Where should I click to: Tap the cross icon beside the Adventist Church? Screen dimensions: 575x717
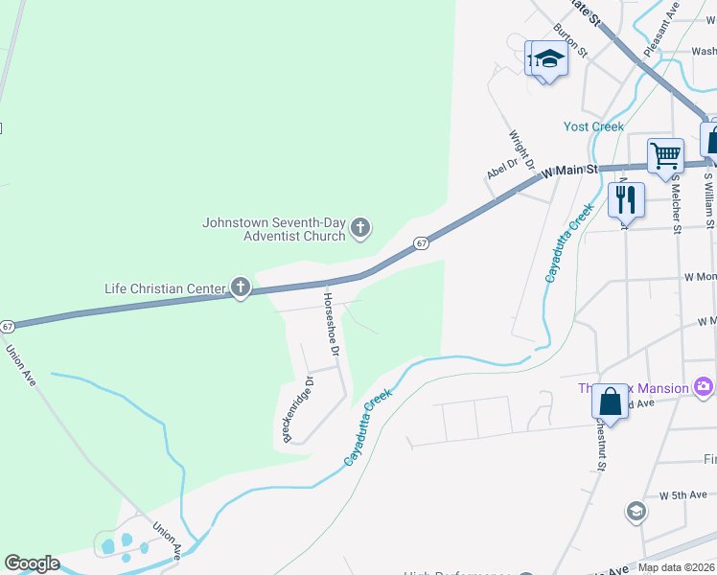click(360, 228)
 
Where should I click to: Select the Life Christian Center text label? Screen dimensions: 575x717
click(165, 287)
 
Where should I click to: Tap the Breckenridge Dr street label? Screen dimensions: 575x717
click(297, 409)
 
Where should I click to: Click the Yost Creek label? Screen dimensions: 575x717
click(593, 126)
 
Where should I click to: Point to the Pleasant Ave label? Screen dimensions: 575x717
click(661, 29)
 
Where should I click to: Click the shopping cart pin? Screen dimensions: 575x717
click(665, 154)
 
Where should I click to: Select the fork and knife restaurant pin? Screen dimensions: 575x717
click(626, 200)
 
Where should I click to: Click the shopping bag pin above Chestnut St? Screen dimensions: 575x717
click(610, 402)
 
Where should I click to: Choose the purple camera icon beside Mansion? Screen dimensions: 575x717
click(705, 387)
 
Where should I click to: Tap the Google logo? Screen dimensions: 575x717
click(32, 563)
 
